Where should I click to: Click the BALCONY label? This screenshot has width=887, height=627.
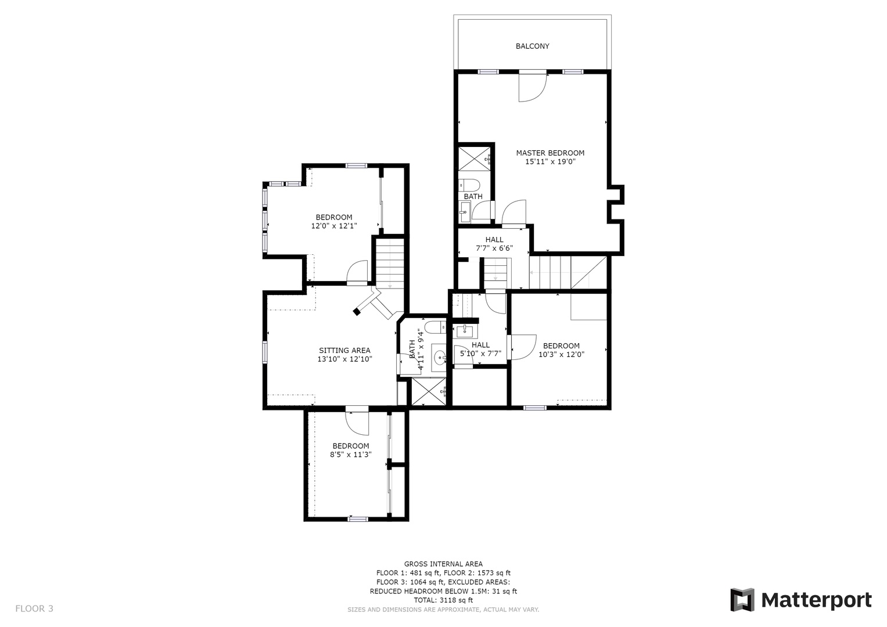(x=532, y=46)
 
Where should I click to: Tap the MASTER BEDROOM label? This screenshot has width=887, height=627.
(x=550, y=153)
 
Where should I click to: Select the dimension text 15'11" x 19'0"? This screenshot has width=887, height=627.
(x=550, y=161)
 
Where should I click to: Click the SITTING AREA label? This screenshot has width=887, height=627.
(x=344, y=350)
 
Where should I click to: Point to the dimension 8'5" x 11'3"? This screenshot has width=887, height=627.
(x=351, y=455)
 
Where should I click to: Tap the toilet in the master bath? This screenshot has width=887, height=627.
(x=469, y=185)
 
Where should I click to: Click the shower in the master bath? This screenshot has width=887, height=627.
(x=475, y=158)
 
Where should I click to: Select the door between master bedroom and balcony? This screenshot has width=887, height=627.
(x=533, y=88)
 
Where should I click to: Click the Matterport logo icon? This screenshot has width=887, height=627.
(x=742, y=600)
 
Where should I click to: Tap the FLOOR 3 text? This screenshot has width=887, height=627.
(x=34, y=608)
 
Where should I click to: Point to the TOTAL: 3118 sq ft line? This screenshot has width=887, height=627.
(x=444, y=600)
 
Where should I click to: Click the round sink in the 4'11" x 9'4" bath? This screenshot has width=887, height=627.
(x=439, y=358)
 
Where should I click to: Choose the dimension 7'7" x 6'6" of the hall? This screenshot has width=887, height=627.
(x=494, y=248)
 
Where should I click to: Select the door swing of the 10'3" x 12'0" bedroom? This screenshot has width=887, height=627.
(x=524, y=348)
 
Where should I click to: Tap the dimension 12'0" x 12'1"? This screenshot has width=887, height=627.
(x=334, y=226)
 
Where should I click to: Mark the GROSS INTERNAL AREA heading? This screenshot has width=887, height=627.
(x=444, y=564)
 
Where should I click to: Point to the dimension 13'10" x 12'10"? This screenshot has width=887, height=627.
(x=345, y=359)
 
